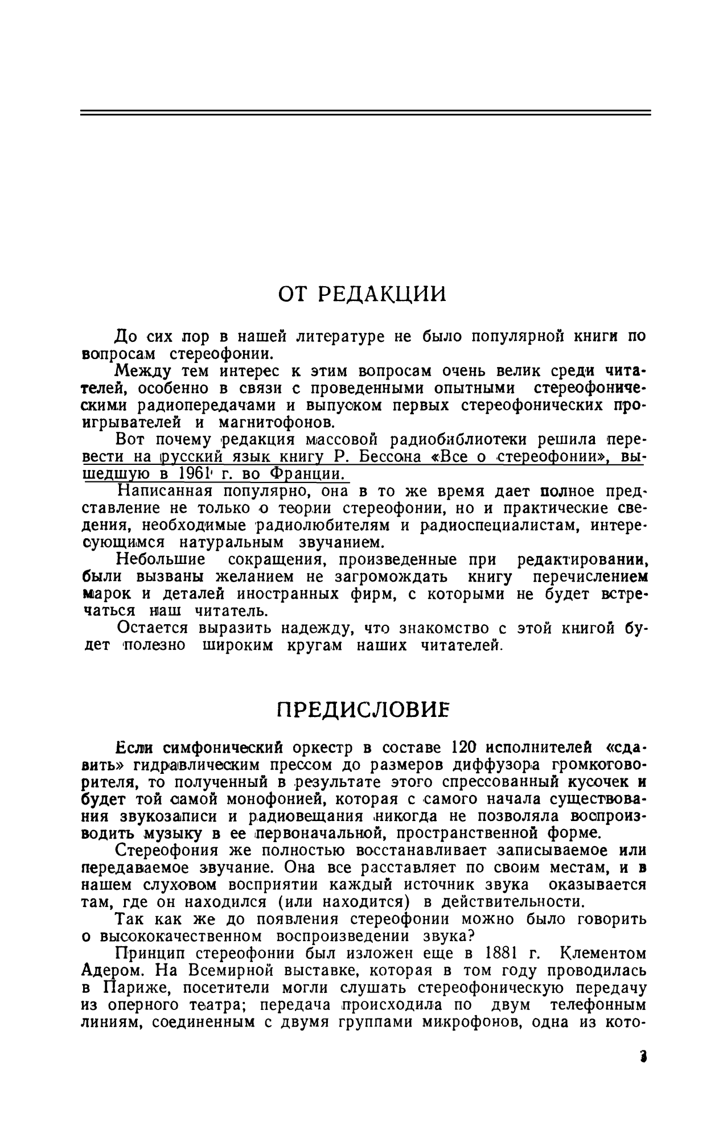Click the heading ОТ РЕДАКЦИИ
(362, 294)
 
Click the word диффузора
(465, 764)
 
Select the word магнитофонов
(268, 423)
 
